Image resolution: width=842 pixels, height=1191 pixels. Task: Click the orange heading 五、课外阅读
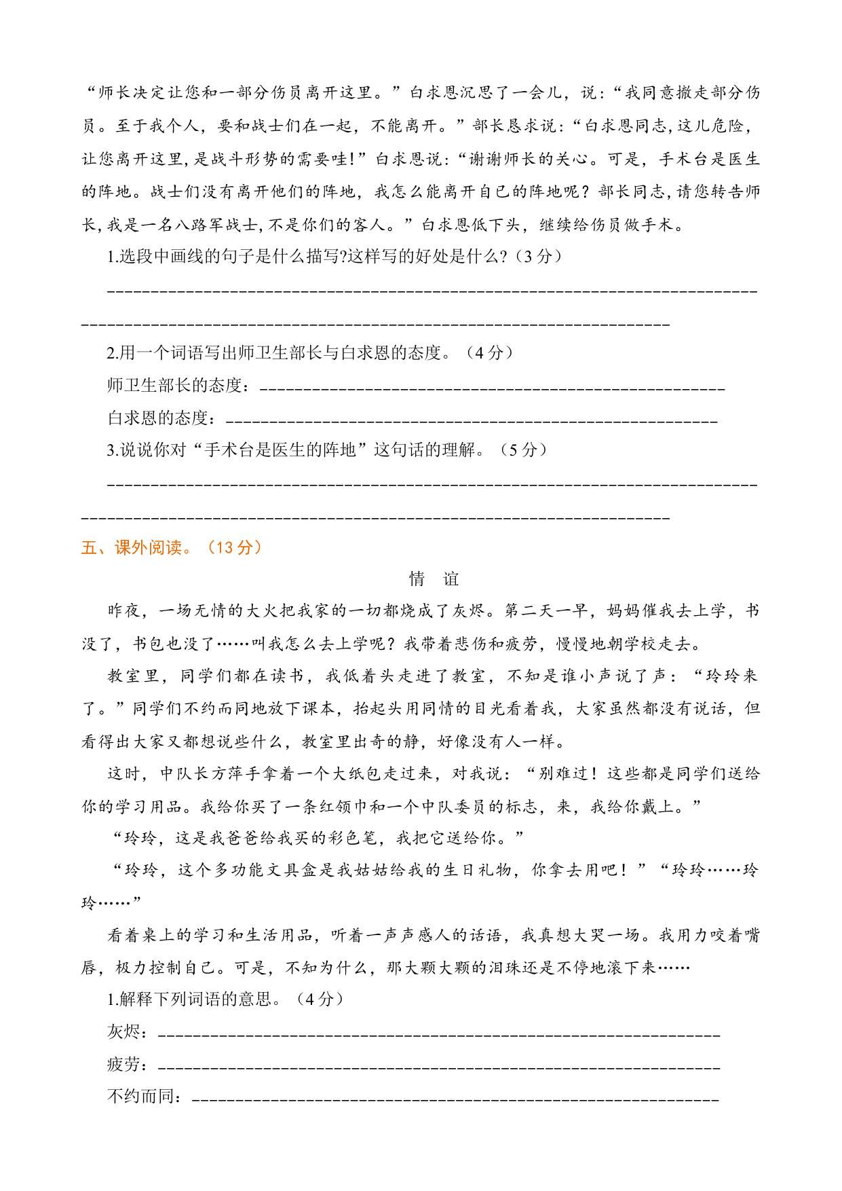132,547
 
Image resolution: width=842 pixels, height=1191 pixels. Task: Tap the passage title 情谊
434,579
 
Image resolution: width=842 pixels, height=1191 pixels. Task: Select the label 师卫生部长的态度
174,385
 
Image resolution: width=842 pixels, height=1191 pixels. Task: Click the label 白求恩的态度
157,418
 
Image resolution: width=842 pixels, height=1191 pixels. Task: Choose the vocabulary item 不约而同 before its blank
140,1096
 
